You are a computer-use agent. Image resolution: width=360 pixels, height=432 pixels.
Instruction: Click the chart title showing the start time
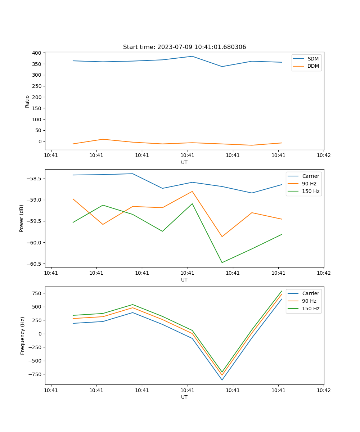click(x=184, y=47)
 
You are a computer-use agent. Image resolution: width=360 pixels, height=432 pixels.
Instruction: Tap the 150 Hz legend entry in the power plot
click(x=311, y=191)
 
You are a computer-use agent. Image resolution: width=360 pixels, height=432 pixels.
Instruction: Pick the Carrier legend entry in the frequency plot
click(x=310, y=293)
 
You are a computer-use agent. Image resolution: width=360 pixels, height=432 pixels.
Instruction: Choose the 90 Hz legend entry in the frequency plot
click(x=309, y=301)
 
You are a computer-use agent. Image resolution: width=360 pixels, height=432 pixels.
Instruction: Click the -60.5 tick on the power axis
click(x=34, y=264)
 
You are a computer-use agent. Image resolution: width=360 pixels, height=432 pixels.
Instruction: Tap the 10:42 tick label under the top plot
click(x=323, y=156)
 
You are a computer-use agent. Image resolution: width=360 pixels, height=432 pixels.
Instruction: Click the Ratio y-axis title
click(x=27, y=101)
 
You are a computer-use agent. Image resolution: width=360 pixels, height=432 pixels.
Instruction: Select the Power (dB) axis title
click(x=22, y=218)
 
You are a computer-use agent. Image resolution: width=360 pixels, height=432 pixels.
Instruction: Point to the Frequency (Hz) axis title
click(x=22, y=336)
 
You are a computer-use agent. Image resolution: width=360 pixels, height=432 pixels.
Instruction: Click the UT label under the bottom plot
click(x=184, y=397)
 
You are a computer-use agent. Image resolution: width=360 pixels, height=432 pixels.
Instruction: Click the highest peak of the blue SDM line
click(x=192, y=56)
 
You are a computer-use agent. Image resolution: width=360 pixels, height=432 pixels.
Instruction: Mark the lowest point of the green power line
click(x=222, y=262)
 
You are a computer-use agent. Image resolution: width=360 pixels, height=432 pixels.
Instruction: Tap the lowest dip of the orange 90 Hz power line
click(x=222, y=237)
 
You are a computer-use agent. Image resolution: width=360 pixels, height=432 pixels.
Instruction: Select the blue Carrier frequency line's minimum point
click(x=222, y=380)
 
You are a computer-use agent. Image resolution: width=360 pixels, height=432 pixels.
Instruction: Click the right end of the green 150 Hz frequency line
click(x=282, y=291)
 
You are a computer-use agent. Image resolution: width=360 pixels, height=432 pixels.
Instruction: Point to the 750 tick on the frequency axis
click(x=36, y=293)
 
